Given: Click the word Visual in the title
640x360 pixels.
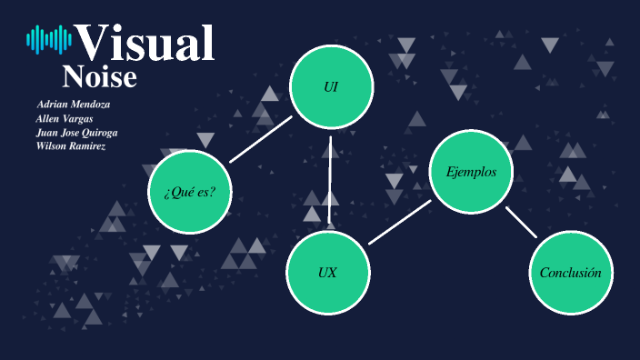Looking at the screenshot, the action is click(145, 42).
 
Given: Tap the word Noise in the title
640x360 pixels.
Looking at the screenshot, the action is click(99, 78).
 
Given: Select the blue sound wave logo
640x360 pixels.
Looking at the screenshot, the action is click(49, 38).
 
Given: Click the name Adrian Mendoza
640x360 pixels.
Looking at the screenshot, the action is click(74, 104).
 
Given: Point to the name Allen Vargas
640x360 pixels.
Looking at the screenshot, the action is click(65, 118).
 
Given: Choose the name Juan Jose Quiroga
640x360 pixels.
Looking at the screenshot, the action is click(76, 132).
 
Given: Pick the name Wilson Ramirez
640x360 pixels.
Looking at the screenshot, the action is click(71, 145).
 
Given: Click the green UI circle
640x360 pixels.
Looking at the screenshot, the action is click(331, 86).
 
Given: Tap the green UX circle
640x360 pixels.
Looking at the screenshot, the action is click(328, 272).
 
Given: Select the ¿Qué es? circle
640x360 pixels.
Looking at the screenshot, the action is click(190, 191).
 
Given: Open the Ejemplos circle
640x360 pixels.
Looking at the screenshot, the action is click(471, 172).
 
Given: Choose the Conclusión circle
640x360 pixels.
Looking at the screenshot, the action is click(571, 273).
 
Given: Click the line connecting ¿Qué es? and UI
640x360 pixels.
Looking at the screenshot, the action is click(261, 139).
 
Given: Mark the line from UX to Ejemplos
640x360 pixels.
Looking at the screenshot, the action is click(400, 222).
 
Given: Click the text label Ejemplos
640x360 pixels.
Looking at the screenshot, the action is click(471, 172).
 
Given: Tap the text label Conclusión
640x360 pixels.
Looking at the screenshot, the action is click(571, 273).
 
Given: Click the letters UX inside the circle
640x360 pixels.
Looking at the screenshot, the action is click(328, 273).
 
